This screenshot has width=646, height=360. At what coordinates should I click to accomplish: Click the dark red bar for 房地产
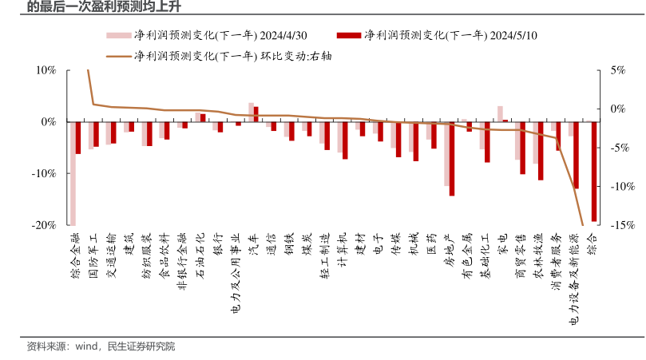[452, 158]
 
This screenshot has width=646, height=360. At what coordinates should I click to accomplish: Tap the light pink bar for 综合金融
[73, 173]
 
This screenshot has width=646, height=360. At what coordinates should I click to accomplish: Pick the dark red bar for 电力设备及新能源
[576, 155]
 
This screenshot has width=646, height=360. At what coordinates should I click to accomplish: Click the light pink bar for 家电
[500, 113]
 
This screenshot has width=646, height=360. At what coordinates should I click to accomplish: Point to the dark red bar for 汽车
[256, 113]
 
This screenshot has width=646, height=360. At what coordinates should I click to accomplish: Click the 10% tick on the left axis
[46, 70]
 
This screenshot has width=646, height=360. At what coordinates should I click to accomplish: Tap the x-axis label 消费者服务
[557, 260]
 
